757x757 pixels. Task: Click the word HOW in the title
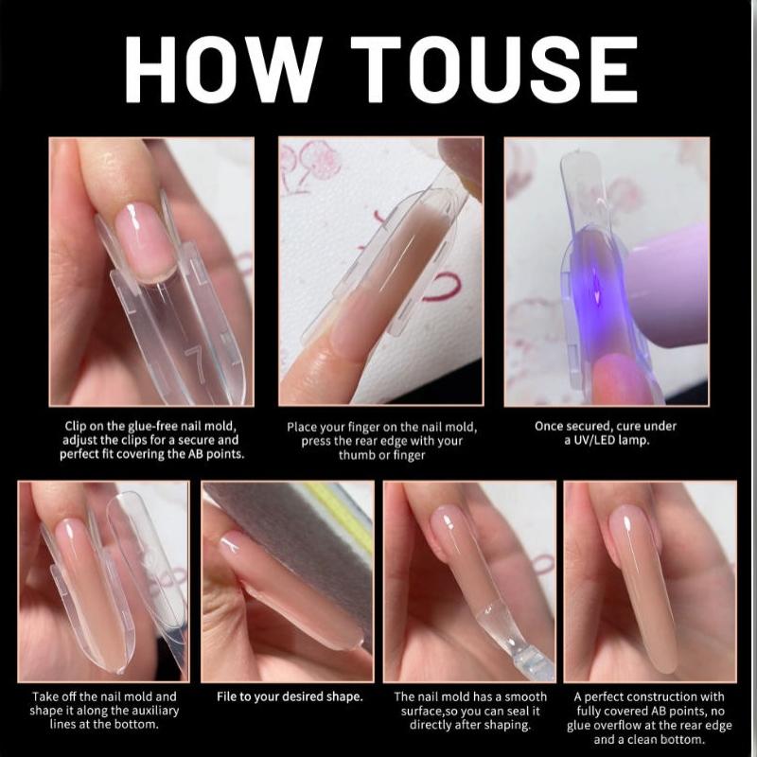(223, 69)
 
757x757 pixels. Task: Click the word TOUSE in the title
(494, 69)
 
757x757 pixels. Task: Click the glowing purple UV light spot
(596, 289)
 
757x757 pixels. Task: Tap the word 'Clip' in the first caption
(75, 427)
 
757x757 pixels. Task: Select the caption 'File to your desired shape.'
(290, 696)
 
